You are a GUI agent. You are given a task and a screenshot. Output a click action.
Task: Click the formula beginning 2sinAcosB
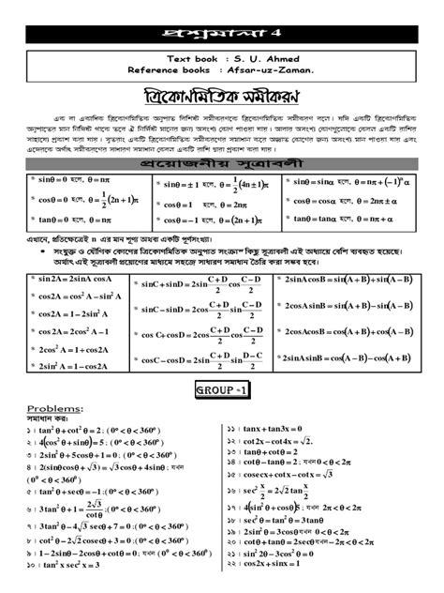pyautogui.click(x=356, y=280)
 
